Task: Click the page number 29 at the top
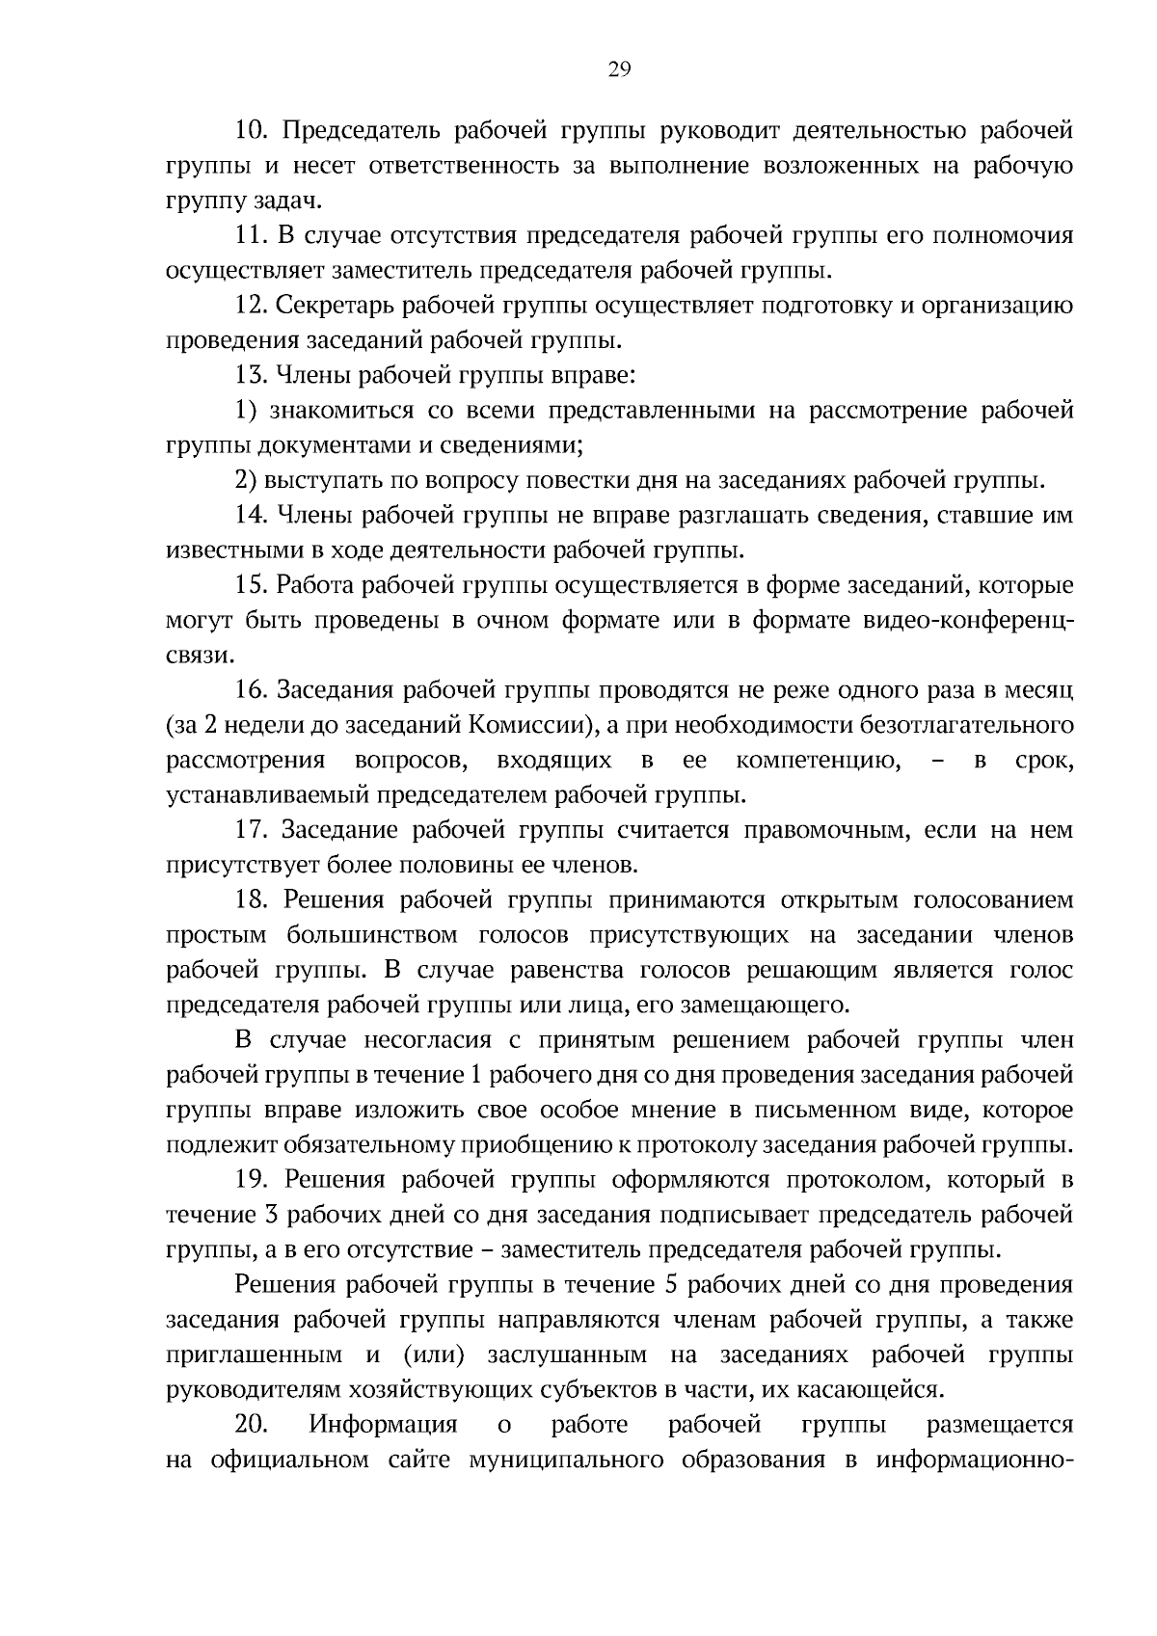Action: pos(619,68)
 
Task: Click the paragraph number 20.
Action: pos(251,1426)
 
